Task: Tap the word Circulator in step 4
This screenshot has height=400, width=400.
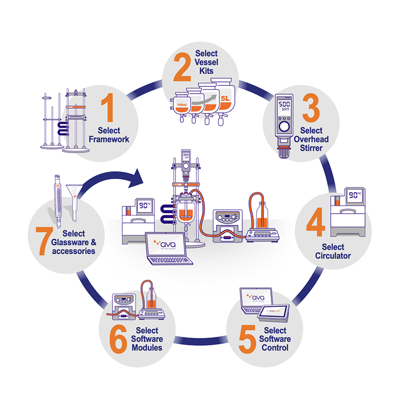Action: [333, 255]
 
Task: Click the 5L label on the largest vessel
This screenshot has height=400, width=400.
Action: [225, 97]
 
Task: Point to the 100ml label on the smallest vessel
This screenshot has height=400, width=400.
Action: [181, 106]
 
